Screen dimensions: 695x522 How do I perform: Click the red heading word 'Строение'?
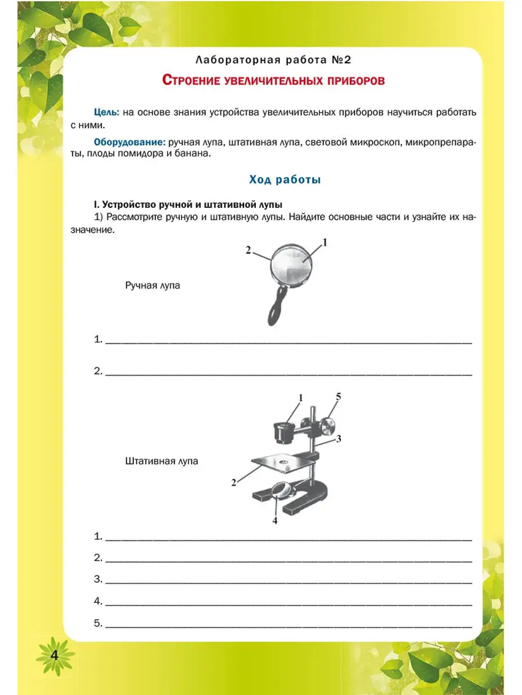coord(194,81)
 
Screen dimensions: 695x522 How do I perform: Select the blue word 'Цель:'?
coord(107,111)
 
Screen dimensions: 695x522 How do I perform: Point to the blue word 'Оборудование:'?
coord(130,142)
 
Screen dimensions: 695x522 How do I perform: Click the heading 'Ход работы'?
coord(285,180)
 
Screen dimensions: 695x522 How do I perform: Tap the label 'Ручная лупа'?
coord(153,286)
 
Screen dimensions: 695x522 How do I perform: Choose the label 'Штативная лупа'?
coord(161,462)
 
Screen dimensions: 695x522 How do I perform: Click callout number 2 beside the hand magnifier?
coord(248,250)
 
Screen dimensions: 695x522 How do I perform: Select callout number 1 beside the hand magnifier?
coord(325,243)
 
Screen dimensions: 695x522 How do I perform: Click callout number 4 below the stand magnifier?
coord(275,520)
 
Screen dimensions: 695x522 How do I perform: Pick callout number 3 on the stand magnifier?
coord(338,438)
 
